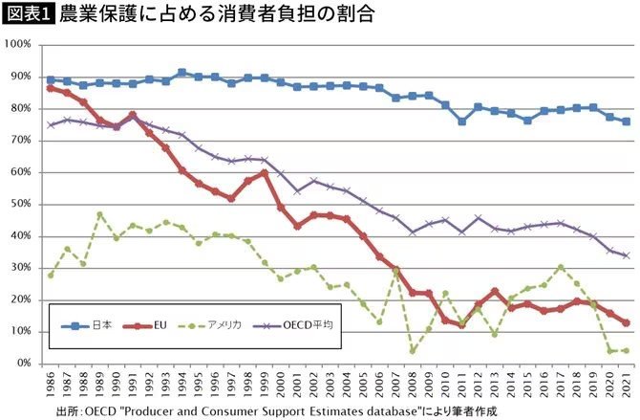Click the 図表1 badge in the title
(28, 14)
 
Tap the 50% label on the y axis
(22, 205)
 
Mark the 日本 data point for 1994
(181, 73)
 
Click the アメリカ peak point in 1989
(99, 214)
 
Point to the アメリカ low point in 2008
(412, 351)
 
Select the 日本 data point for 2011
(461, 122)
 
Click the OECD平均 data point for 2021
(626, 255)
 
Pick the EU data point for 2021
(626, 322)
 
